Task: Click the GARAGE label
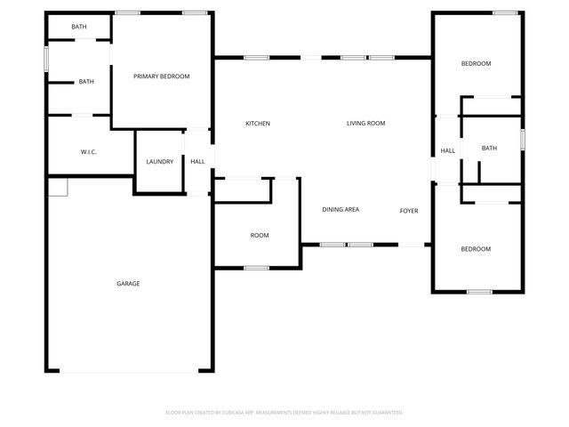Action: [128, 284]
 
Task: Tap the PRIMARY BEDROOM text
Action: [162, 77]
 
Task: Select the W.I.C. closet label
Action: [88, 152]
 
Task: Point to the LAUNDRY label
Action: [160, 162]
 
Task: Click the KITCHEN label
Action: [258, 124]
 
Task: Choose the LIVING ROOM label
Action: [365, 124]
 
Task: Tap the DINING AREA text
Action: [341, 209]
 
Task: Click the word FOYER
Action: [409, 211]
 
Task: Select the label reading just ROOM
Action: [259, 236]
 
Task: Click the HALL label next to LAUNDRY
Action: [197, 162]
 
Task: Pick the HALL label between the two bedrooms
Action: [448, 151]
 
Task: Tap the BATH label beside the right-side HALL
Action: [489, 149]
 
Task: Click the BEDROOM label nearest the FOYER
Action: [476, 249]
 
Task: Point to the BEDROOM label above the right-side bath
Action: [476, 64]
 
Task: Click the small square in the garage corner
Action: [57, 186]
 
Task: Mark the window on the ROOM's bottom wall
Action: [257, 267]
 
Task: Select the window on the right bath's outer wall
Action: [523, 139]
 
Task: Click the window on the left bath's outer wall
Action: [46, 58]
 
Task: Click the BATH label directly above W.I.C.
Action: [86, 82]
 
